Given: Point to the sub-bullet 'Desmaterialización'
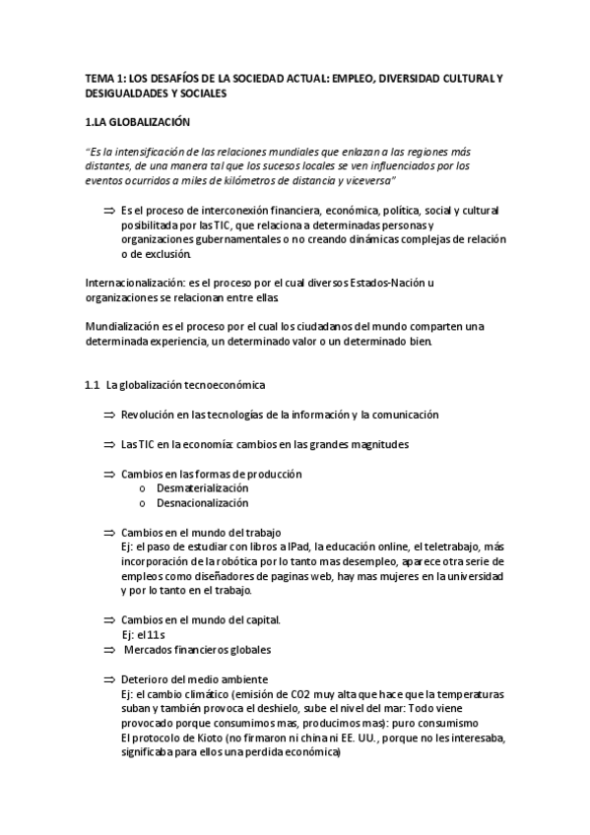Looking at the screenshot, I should (x=202, y=488).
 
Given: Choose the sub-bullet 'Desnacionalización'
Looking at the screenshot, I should (x=202, y=503).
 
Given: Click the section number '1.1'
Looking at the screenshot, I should (x=93, y=385).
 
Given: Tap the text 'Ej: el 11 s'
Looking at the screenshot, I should (x=146, y=635).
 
